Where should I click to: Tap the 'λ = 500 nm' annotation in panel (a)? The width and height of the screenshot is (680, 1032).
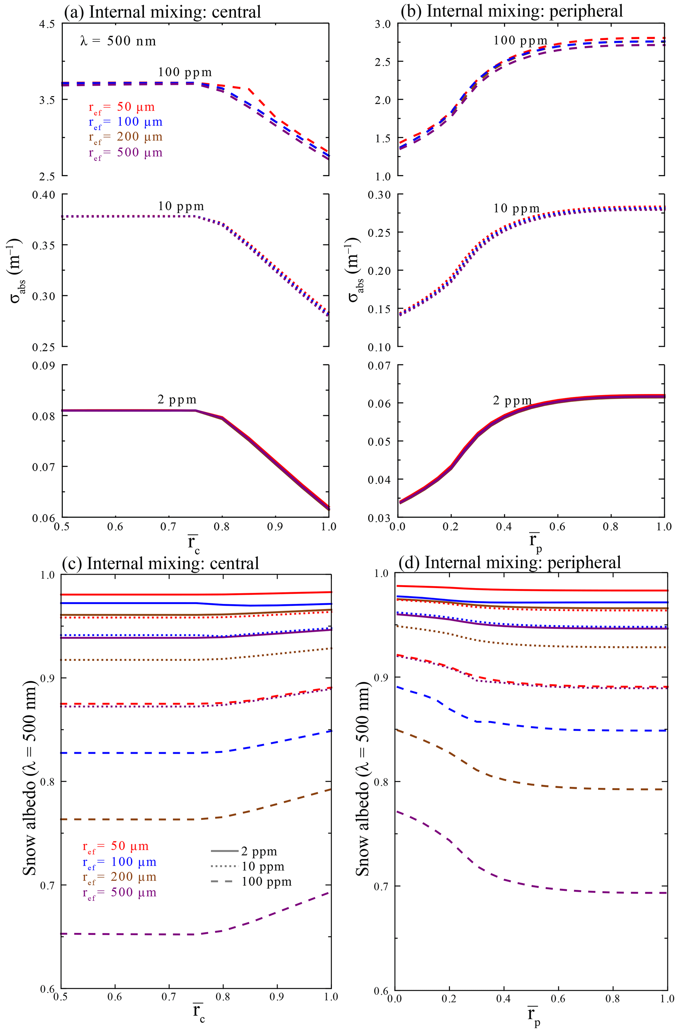(x=118, y=41)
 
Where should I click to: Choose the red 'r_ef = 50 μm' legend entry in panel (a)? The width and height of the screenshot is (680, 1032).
(x=122, y=108)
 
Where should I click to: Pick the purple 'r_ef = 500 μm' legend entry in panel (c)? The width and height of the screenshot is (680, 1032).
(x=119, y=893)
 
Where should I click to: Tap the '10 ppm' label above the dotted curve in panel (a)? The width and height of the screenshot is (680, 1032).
(x=180, y=206)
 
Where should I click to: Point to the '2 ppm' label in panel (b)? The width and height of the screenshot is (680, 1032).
(x=512, y=400)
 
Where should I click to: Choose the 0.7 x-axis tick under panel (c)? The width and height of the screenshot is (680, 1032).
(x=169, y=996)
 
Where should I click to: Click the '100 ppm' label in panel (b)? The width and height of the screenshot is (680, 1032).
(x=520, y=41)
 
